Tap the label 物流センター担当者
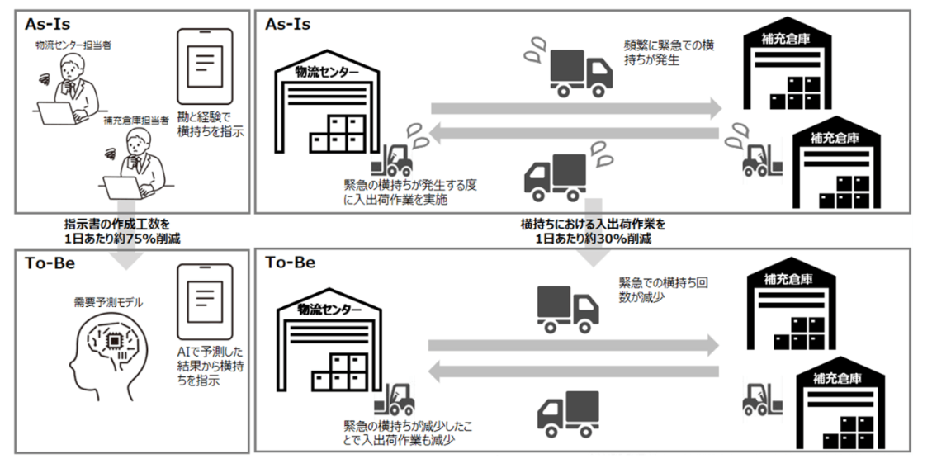73,45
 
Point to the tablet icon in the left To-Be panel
205,296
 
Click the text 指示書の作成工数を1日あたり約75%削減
123,230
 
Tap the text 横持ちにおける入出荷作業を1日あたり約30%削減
592,230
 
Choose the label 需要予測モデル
107,302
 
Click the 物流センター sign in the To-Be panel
329,311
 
